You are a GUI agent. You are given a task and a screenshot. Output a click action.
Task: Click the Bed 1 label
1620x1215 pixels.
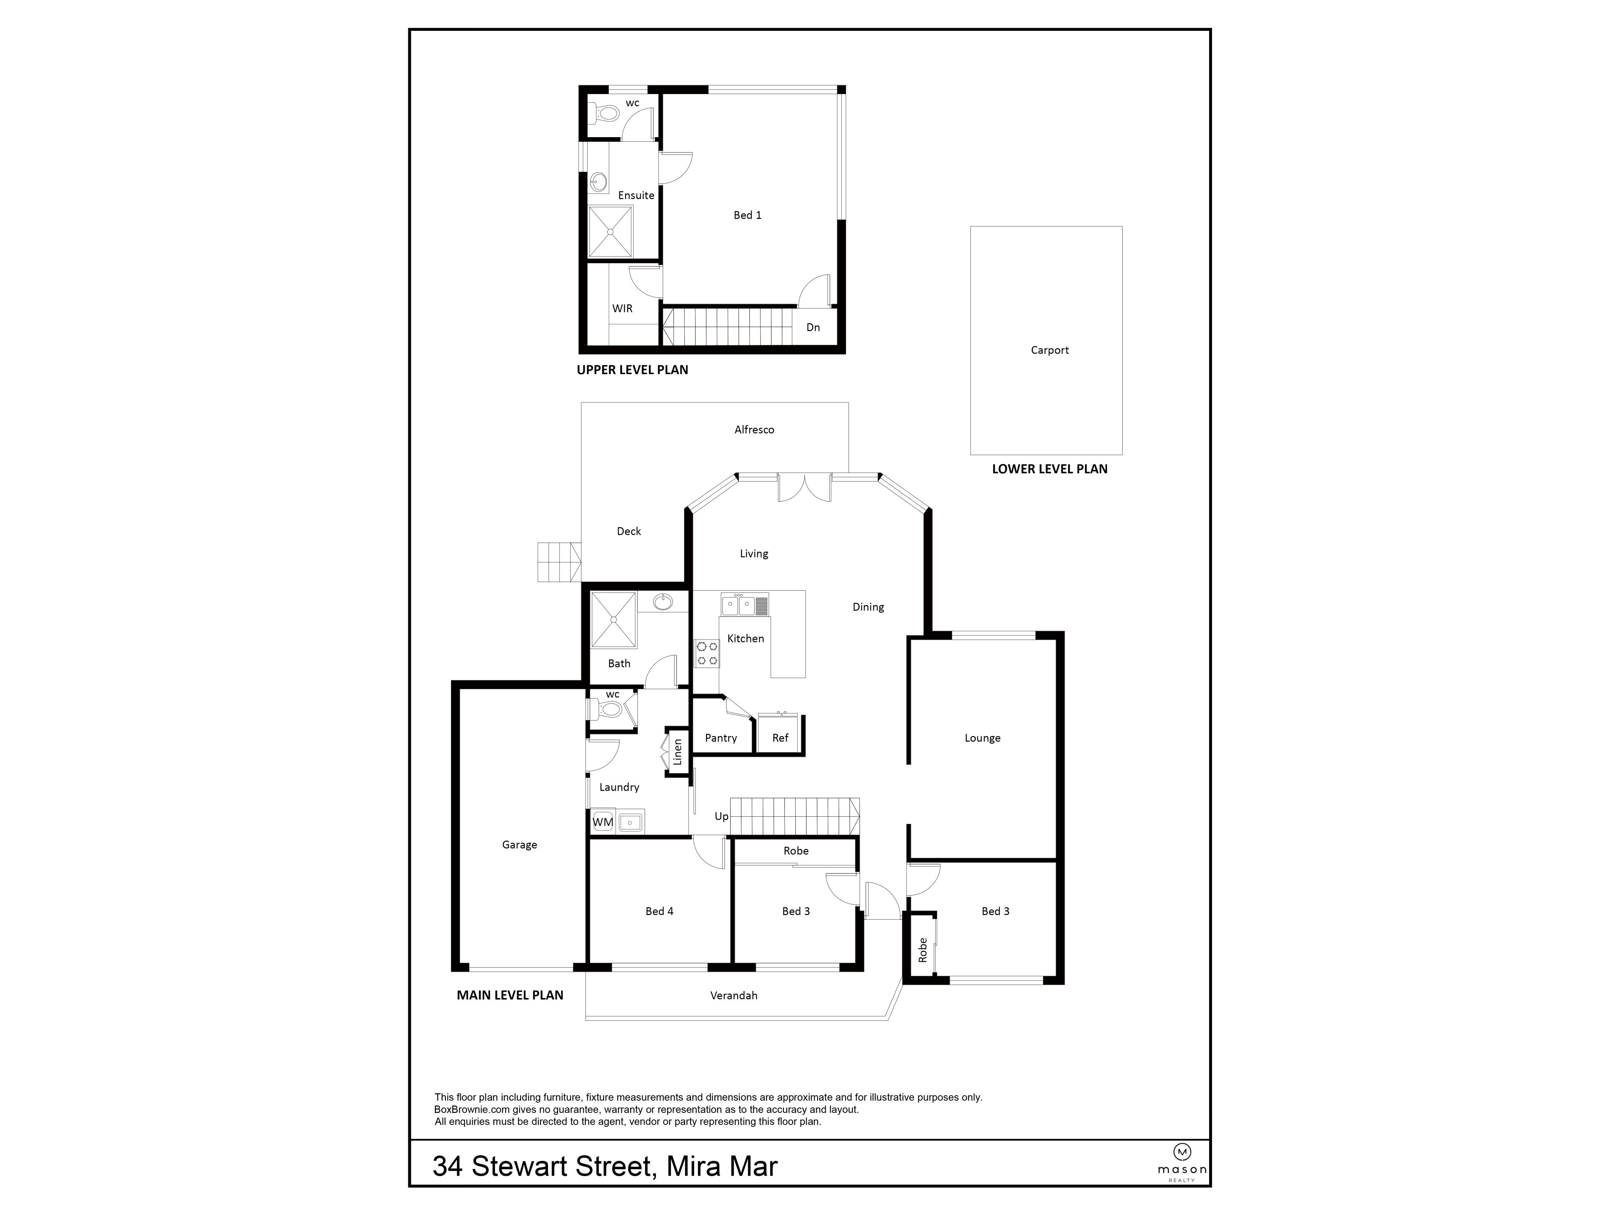point(747,215)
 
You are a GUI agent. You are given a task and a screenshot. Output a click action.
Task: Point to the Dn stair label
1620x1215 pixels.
point(812,327)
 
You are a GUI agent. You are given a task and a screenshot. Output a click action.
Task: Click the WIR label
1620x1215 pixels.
point(622,308)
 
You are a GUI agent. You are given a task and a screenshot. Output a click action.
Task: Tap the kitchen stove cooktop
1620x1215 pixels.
point(707,653)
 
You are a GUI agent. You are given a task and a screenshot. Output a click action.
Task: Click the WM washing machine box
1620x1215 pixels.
point(602,822)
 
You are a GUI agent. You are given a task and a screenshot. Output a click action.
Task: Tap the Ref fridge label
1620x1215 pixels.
point(780,738)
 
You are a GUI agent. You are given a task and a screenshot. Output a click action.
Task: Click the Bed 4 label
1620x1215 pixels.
point(659,911)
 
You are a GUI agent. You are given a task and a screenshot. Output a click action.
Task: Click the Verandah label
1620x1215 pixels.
point(733,995)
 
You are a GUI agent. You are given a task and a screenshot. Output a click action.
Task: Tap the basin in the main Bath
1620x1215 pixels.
point(663,602)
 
